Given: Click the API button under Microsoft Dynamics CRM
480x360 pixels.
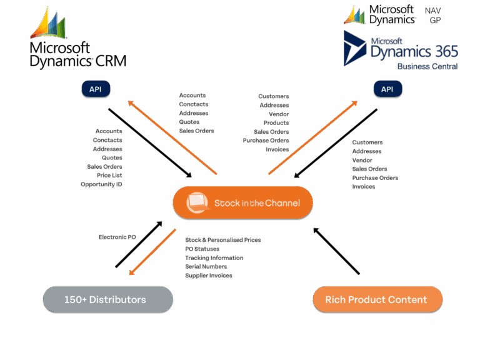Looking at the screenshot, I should point(95,89).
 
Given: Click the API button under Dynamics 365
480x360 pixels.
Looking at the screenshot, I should point(387,89).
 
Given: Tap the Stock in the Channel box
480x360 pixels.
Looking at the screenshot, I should point(242,202).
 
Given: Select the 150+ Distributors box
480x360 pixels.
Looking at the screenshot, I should point(107,299).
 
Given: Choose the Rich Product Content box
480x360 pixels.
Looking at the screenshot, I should point(377,299).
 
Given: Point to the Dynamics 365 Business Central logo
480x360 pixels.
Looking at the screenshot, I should point(401,49).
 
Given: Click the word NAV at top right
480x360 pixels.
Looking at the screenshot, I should point(432,11).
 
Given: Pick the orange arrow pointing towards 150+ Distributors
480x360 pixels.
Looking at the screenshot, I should point(152,252).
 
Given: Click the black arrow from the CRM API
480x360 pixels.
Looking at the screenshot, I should point(150,142).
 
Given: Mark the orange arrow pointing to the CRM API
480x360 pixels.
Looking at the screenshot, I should point(172,137).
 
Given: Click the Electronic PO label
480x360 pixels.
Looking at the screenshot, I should point(117,237).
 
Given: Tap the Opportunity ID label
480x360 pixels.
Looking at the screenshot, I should point(102,184).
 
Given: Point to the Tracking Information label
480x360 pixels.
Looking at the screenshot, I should point(214,257).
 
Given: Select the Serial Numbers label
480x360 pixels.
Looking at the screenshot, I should point(206,266).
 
